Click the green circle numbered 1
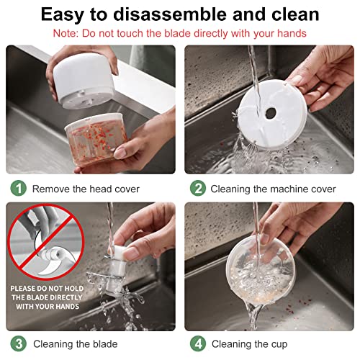[x=19, y=189]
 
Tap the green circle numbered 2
[x=198, y=189]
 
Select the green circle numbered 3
[x=19, y=343]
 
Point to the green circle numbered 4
[x=198, y=343]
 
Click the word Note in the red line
[x=66, y=33]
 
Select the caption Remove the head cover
[x=86, y=189]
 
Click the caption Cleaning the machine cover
[x=273, y=189]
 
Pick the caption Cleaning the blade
[x=76, y=344]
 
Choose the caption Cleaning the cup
[x=249, y=344]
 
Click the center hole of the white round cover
[x=271, y=113]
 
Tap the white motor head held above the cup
[x=84, y=81]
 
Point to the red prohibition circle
[x=45, y=242]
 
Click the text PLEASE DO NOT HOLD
[x=47, y=288]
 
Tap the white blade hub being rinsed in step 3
[x=117, y=268]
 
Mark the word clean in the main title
[x=295, y=14]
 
